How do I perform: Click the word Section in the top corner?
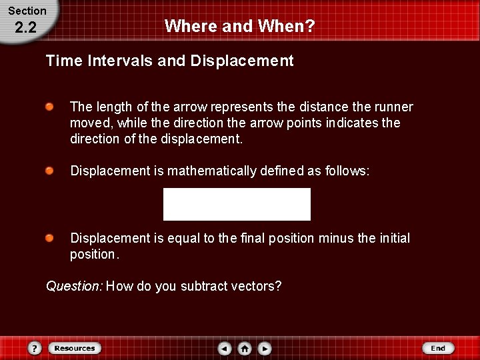[x=27, y=11]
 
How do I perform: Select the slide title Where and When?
[x=239, y=26]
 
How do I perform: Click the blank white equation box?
[x=237, y=204]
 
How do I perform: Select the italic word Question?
[x=74, y=287]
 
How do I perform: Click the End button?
[x=438, y=348]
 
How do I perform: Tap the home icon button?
[x=245, y=348]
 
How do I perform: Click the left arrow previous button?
[x=225, y=348]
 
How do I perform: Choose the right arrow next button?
[x=265, y=348]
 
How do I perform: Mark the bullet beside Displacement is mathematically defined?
[x=51, y=171]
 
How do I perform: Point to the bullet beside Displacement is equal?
[x=51, y=238]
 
